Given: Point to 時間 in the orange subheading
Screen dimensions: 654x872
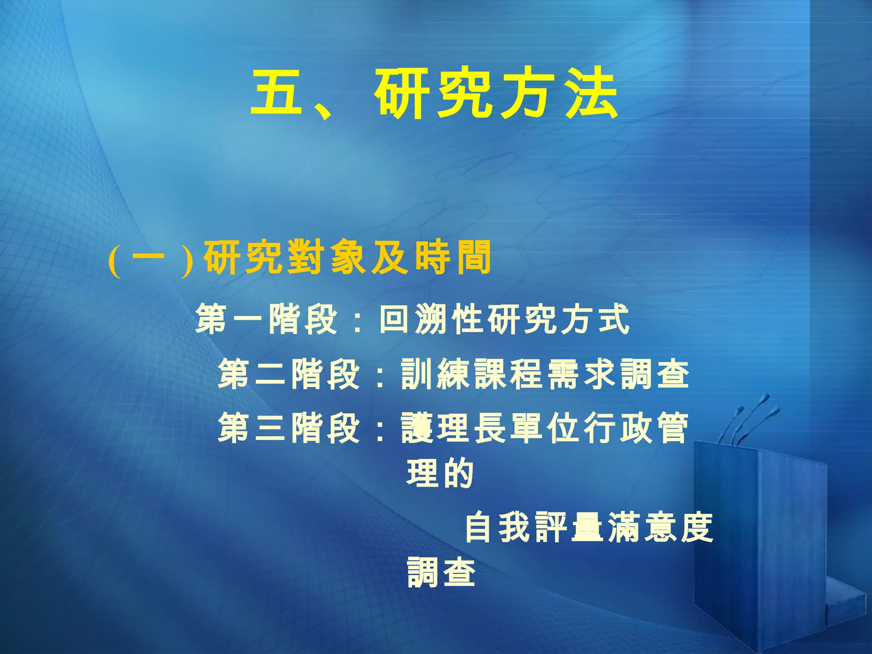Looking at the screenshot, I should (453, 258).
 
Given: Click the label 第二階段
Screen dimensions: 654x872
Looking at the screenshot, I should (290, 374).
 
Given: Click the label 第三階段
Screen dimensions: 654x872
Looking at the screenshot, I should (290, 428).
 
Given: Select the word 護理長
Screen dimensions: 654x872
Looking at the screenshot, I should (453, 428).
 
